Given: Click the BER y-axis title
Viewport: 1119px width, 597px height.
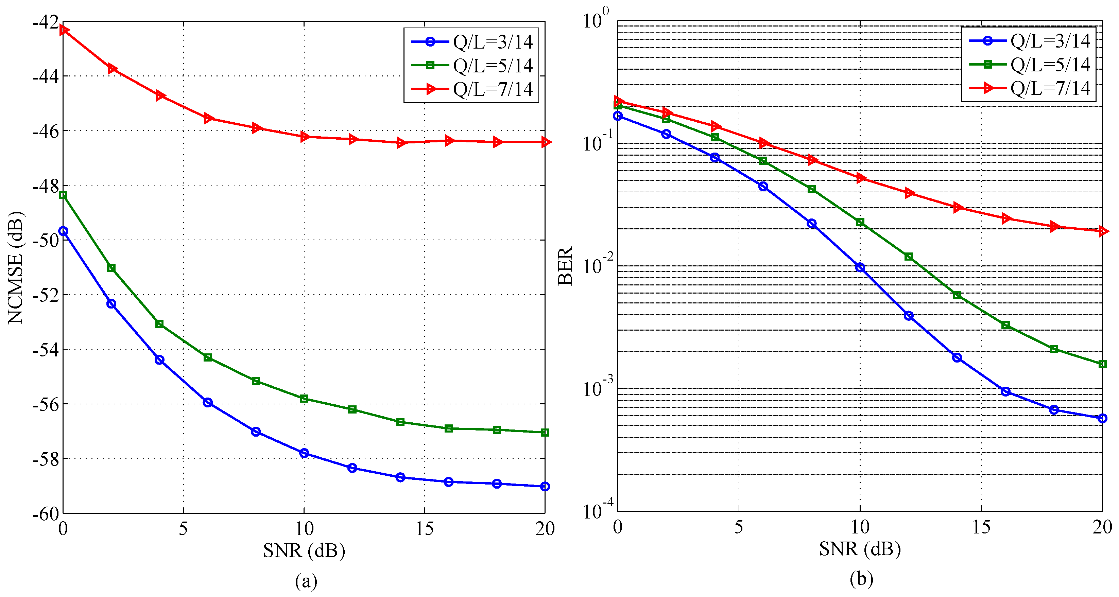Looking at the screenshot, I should click(x=565, y=266).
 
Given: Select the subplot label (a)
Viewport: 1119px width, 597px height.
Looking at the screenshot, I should click(x=306, y=580).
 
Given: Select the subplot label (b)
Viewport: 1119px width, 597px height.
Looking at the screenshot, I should click(x=861, y=579).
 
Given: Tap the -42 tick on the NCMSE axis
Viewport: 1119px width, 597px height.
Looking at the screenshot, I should click(x=45, y=22).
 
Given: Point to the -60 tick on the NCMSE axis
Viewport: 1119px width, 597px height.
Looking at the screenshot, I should click(x=45, y=514).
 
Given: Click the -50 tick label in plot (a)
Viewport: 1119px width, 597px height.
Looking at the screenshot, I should click(x=45, y=240).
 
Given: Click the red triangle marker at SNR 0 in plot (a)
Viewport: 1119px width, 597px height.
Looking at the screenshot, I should click(x=64, y=30).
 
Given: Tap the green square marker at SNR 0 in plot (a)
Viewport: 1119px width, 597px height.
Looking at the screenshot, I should click(x=64, y=195).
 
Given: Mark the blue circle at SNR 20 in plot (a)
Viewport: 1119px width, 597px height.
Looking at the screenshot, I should click(x=545, y=486).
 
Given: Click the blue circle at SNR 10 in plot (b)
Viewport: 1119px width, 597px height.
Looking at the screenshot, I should click(x=860, y=267).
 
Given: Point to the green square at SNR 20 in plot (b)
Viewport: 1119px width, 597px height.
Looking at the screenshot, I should click(x=1102, y=364).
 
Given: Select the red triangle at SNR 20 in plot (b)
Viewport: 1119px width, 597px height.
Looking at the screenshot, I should click(x=1102, y=231).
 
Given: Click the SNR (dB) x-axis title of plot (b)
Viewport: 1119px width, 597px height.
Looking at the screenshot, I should click(x=860, y=549).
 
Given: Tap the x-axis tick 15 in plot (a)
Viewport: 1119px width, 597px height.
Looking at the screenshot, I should click(x=425, y=528).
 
